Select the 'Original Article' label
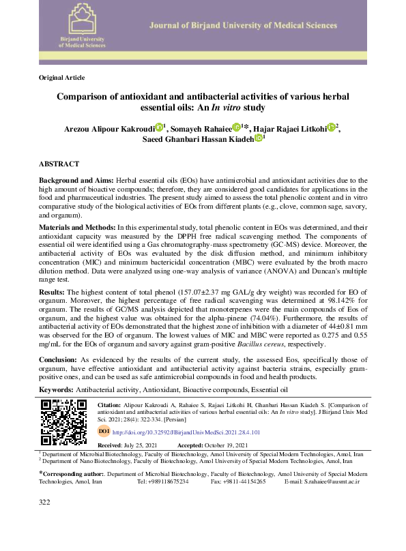coord(61,78)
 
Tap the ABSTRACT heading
coord(59,164)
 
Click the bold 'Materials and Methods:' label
coord(77,226)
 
